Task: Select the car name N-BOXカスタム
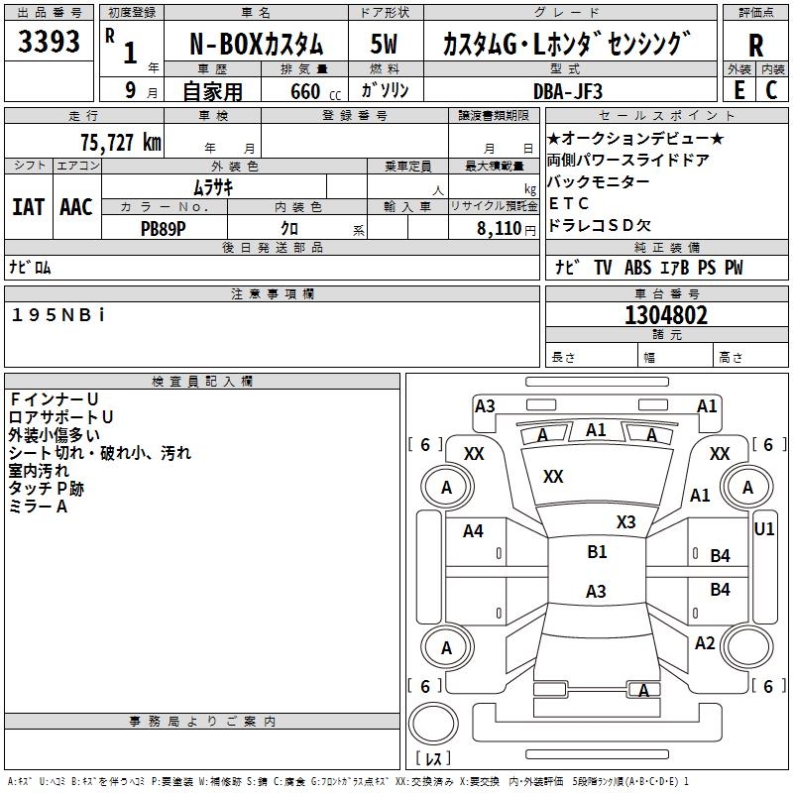pos(256,45)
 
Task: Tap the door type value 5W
pos(386,45)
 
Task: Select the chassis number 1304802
pos(666,316)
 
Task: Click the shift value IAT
pos(29,207)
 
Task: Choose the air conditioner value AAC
pos(76,207)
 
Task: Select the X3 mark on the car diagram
pos(625,521)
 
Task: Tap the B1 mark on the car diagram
pos(597,552)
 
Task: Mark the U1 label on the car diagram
pos(763,529)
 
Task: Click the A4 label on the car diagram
pos(473,531)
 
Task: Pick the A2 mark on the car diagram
pos(705,643)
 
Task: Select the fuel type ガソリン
pos(387,90)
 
